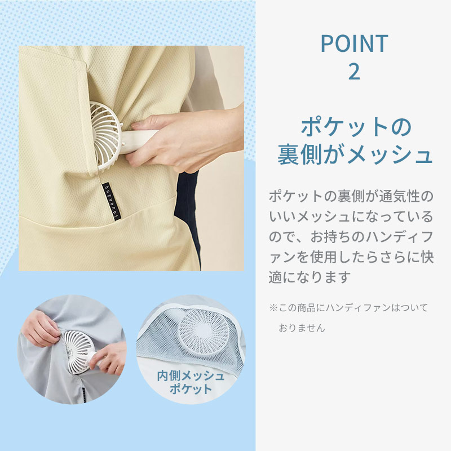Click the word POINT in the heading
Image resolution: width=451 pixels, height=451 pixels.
[354, 43]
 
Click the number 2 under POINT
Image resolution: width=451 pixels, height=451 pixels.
[354, 72]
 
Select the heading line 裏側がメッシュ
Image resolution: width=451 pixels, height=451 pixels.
[355, 156]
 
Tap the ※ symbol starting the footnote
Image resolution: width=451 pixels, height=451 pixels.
[273, 308]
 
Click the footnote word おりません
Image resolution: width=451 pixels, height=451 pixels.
[302, 328]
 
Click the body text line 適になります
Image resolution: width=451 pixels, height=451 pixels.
[310, 277]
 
